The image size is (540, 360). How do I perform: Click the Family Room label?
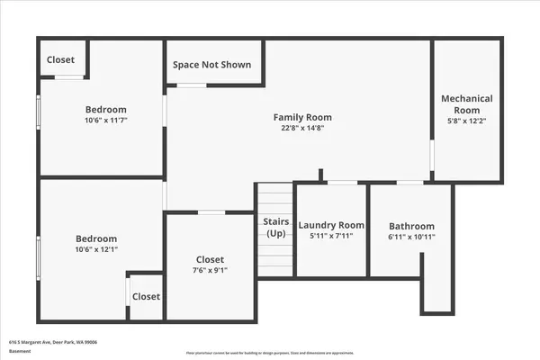point(302,117)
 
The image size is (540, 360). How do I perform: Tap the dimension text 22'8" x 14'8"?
point(302,129)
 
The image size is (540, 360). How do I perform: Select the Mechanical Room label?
point(466,103)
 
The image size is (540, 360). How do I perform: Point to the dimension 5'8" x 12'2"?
point(466,121)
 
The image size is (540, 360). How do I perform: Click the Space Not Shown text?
point(212,66)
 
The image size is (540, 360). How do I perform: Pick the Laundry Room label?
point(331,225)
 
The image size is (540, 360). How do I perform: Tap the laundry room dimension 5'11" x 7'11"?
point(331,237)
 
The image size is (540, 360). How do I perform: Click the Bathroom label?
point(411,226)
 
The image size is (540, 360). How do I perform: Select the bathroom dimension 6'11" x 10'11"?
point(411,238)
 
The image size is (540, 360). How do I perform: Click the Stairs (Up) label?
point(275,227)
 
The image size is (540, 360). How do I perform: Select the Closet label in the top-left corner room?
point(61,59)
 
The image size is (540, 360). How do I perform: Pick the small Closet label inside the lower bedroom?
point(146,296)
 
